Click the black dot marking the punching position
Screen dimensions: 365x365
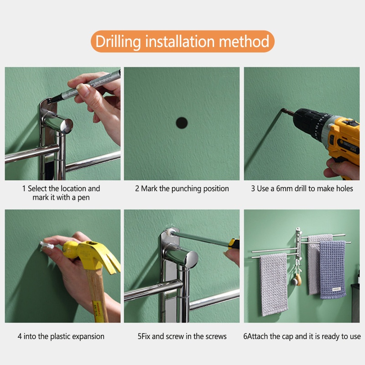point(182,123)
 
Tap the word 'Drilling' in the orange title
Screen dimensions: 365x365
point(118,42)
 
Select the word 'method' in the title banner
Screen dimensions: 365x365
point(244,41)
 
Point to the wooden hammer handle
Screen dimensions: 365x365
point(98,296)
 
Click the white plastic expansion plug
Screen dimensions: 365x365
point(47,245)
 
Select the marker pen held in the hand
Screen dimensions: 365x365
point(86,87)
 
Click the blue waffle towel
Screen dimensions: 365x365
point(333,270)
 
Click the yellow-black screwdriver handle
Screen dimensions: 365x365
point(234,243)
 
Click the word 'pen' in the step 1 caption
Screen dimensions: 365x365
point(83,198)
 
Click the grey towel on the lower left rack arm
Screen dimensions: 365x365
point(273,284)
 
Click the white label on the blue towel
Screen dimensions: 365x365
point(336,289)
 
